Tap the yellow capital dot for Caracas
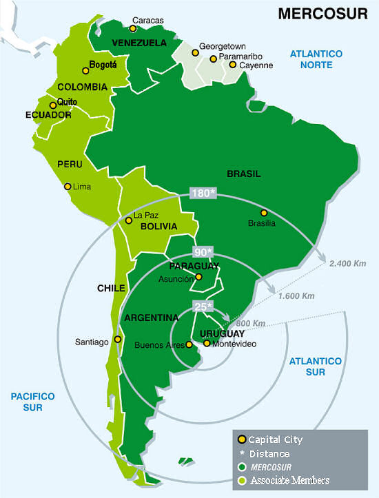133,30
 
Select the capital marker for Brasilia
263,212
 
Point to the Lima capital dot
68,186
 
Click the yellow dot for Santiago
119,339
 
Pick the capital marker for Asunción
198,278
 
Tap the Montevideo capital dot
206,342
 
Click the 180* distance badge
203,193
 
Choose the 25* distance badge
203,305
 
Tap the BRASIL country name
245,174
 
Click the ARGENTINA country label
151,318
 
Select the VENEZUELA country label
139,43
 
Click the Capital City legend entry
275,439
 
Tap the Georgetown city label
223,46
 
